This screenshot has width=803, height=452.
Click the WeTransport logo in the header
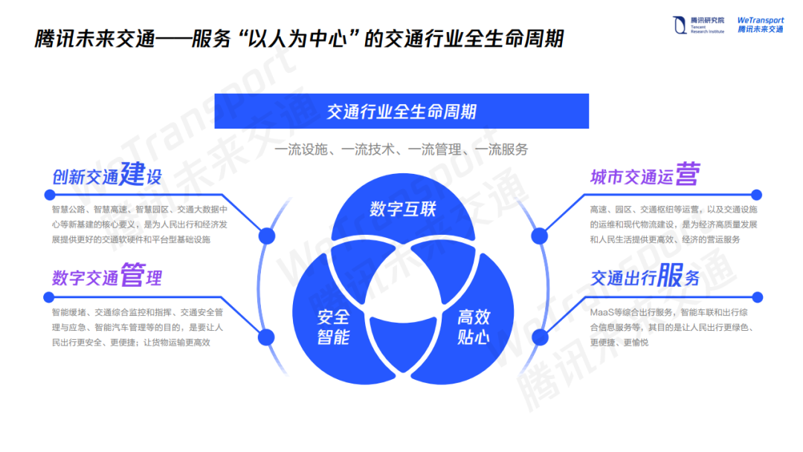point(761,25)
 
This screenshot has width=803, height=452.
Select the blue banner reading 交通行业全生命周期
point(401,112)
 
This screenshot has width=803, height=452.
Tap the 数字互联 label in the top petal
point(402,209)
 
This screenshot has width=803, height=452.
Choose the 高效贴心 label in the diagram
point(474,326)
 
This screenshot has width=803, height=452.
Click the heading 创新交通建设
point(107,175)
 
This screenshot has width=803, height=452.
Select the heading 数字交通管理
point(107,277)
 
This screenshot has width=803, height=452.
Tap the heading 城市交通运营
point(645,175)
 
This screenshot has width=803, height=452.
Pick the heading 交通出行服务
point(645,277)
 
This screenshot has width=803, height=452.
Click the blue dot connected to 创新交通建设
point(266,236)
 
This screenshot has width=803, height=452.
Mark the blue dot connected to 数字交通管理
point(266,338)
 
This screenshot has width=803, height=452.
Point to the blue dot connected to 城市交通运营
point(539,236)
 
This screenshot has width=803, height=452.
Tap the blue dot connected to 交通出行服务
point(539,338)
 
